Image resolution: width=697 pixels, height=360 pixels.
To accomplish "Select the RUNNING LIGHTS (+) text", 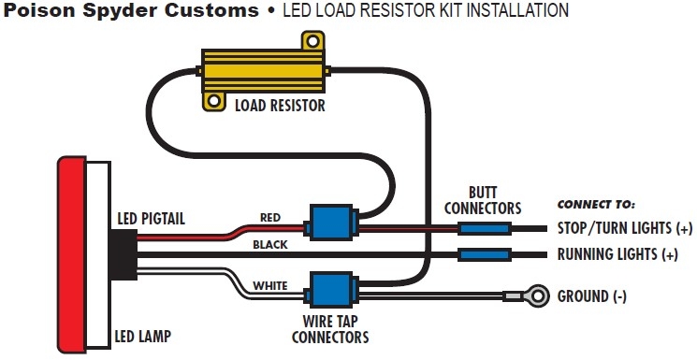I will coord(617,254).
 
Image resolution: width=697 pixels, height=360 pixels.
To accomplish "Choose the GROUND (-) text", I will coord(592,296).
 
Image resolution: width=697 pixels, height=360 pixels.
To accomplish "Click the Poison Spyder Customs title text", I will coord(131,11).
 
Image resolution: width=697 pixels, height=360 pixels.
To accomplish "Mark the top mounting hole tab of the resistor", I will coord(308,42).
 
